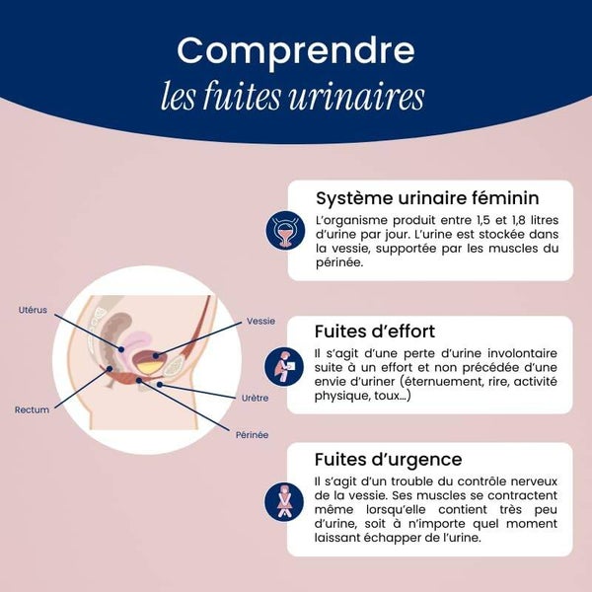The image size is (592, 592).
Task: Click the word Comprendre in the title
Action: tap(296, 52)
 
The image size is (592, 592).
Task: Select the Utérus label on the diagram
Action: tap(33, 310)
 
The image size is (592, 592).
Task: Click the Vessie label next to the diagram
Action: tap(260, 321)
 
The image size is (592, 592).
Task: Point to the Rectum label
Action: tap(33, 409)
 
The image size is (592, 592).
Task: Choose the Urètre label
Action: tap(256, 398)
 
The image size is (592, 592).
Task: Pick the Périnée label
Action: tap(253, 435)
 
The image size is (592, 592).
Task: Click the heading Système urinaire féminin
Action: tap(427, 198)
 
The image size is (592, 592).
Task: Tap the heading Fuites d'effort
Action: tap(375, 332)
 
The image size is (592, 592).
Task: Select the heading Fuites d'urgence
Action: tap(389, 460)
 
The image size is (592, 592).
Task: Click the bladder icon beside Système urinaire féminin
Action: tap(285, 230)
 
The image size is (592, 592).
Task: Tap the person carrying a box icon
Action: tap(284, 366)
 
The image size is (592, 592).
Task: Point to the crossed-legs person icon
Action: tap(284, 501)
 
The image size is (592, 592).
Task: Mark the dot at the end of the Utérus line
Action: tap(121, 349)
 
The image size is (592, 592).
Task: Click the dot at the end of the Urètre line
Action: tap(160, 385)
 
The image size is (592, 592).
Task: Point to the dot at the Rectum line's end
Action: tap(110, 368)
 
